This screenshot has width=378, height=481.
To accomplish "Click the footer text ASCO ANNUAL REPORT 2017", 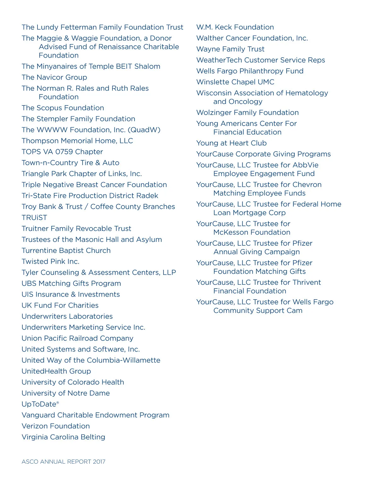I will pos(63,461).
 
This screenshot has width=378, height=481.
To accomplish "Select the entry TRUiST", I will pos(34,218).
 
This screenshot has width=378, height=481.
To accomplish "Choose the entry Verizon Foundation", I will pos(56,426).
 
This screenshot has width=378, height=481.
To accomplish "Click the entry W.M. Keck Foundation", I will pos(235,27).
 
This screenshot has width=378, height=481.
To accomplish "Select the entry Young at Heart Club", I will pos(231,143).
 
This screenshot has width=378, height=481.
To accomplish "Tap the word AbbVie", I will pos(305,165).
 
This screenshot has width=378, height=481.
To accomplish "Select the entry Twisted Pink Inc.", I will pos(50,261).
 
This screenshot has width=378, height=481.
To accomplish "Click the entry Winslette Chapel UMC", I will pos(235,82).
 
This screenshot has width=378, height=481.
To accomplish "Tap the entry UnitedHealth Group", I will pos(56,371).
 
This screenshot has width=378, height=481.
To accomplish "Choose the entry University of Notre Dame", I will pos(66,393).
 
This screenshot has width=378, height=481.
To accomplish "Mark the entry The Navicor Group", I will pos(54,77).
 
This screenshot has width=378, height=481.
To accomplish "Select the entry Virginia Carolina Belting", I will pos(63,437).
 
